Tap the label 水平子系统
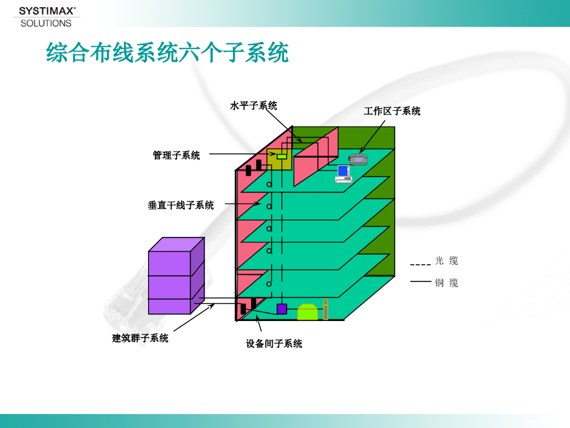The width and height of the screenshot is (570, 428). point(253,105)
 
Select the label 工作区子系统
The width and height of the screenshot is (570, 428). point(392,111)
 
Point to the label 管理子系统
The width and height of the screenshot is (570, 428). point(176,155)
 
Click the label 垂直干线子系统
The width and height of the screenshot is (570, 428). point(180,205)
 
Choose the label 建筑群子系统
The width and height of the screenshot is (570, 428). point(140,338)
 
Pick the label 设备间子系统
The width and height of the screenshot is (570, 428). point(274,344)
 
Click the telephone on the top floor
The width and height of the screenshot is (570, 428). point(358,159)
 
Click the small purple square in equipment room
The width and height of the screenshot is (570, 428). point(282,309)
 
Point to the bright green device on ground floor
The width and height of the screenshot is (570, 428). point(307,312)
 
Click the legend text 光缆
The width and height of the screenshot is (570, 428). point(446,261)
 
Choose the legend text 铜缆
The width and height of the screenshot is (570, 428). point(446,283)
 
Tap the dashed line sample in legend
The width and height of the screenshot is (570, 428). point(420,264)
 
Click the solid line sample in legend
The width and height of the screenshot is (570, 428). point(420,282)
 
